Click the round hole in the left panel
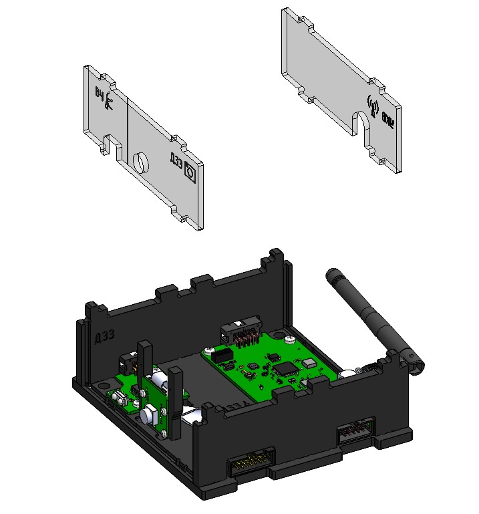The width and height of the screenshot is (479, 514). (141, 162)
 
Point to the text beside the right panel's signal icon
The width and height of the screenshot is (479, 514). (387, 120)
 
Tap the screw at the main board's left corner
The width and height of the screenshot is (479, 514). (210, 350)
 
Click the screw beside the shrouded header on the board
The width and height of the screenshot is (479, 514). (289, 339)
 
